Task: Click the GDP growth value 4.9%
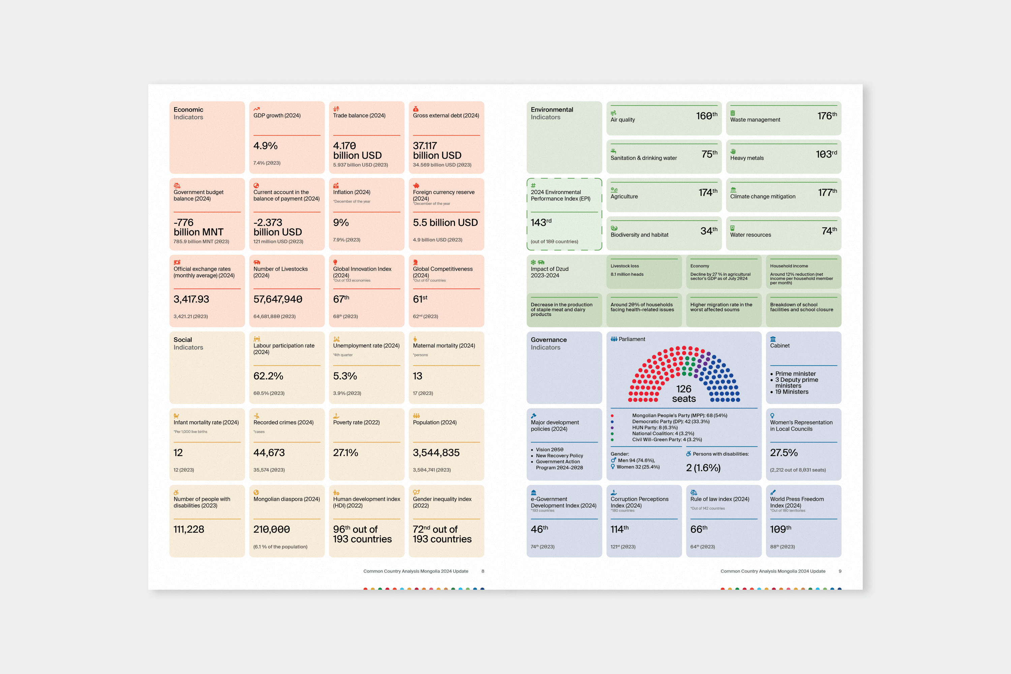[x=265, y=146]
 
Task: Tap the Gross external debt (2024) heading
[x=446, y=116]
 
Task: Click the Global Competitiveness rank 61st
[x=420, y=299]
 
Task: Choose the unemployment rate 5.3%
[x=345, y=376]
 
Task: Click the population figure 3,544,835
[x=436, y=453]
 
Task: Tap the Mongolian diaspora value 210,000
[x=271, y=529]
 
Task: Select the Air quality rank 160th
[x=706, y=116]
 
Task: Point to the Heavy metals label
[x=747, y=158]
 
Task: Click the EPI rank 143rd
[x=541, y=222]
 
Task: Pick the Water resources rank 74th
[x=829, y=231]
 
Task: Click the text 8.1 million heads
[x=627, y=274]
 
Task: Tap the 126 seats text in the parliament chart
[x=683, y=394]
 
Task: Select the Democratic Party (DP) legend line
[x=671, y=422]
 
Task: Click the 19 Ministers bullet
[x=791, y=392]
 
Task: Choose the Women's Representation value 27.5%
[x=783, y=453]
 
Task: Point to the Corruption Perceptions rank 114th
[x=619, y=529]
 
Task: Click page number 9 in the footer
[x=839, y=571]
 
